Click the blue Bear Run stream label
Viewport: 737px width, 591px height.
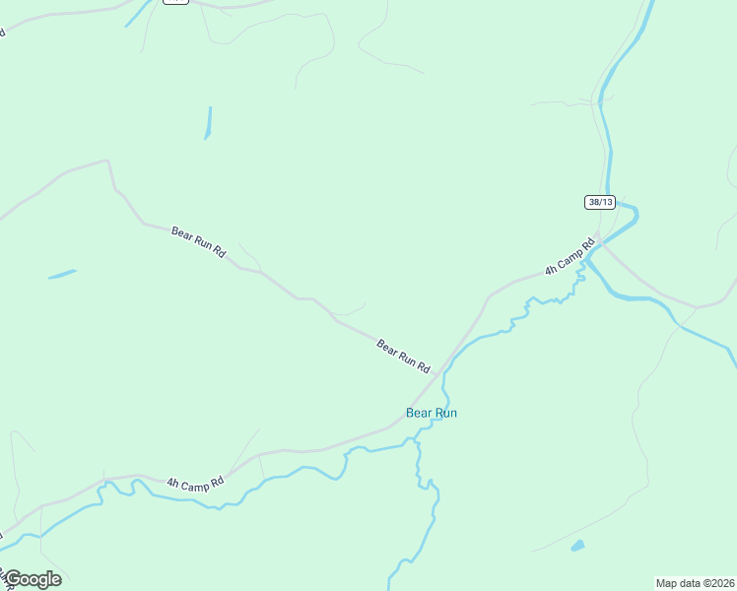[432, 413]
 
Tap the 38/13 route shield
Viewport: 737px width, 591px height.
[599, 202]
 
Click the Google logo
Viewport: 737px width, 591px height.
[33, 579]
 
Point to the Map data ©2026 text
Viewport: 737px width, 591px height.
[695, 582]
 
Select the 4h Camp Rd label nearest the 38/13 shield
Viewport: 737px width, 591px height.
[570, 256]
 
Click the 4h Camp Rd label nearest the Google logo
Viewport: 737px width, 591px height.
[195, 483]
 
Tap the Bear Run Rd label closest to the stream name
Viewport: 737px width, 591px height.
[403, 355]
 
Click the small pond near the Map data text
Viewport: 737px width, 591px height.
[577, 545]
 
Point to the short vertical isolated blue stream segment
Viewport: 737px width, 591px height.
[208, 123]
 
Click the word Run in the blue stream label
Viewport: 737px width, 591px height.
[445, 413]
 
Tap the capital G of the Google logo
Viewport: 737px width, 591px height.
[13, 578]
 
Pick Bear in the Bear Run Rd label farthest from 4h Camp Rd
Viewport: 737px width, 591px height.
[182, 233]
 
